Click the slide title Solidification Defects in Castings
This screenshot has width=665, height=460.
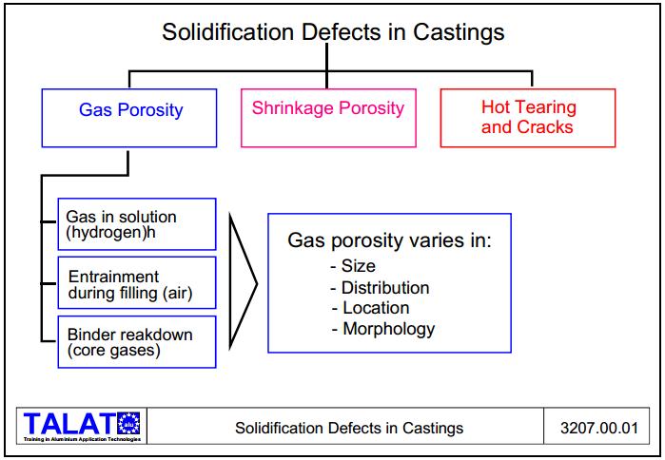(x=332, y=32)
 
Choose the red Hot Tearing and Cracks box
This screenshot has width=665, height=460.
(x=528, y=118)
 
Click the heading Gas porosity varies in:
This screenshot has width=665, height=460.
(x=389, y=240)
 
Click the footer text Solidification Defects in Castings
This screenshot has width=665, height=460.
(x=349, y=428)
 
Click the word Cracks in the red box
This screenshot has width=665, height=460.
(x=541, y=127)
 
